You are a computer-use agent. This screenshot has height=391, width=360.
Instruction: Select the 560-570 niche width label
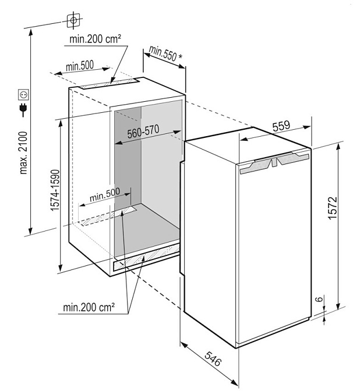click(143, 133)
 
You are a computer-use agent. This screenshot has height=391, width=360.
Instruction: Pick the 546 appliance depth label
click(213, 359)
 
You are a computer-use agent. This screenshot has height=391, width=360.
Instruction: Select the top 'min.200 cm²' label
click(95, 39)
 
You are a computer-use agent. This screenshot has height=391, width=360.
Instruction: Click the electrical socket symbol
click(24, 94)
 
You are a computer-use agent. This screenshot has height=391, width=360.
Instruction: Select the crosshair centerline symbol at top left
click(73, 20)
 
